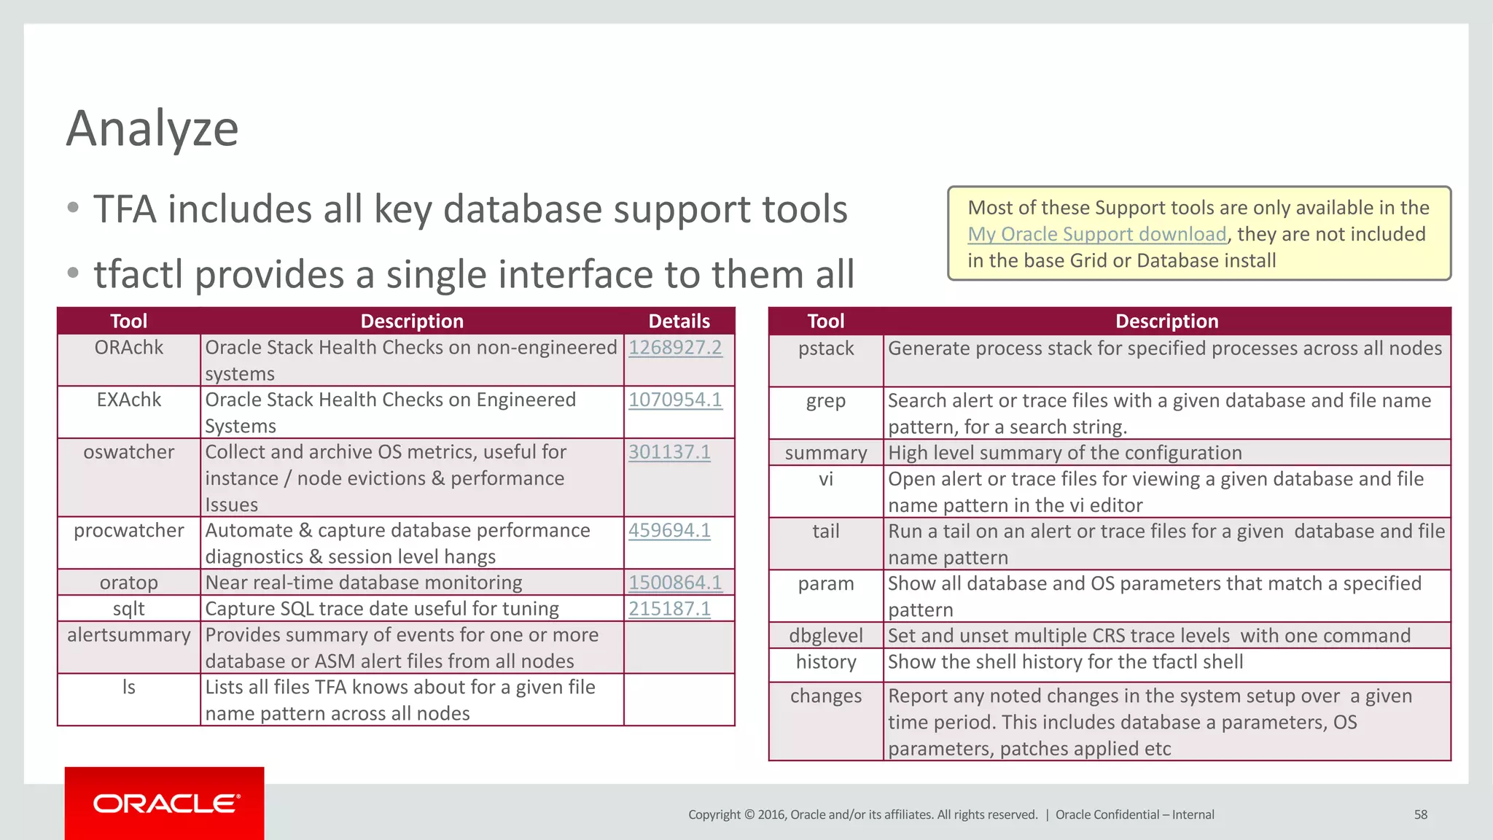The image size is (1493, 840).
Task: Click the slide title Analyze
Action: click(152, 128)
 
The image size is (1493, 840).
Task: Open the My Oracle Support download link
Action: click(1096, 234)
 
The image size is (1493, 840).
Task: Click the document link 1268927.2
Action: click(675, 348)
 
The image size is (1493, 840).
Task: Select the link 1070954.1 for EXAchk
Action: click(675, 400)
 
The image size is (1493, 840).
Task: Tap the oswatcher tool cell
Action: click(129, 452)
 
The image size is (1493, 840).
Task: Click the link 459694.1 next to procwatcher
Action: click(669, 531)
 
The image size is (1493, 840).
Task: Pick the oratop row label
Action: click(129, 583)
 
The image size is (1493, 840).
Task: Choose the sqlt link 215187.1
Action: click(669, 609)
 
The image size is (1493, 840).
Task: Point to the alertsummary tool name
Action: click(129, 635)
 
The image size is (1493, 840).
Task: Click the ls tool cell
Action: click(129, 688)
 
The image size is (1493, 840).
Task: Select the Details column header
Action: click(679, 321)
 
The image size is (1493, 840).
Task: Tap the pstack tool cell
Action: click(825, 349)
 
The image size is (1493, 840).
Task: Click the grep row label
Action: click(825, 401)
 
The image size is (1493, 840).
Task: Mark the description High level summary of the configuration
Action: click(1064, 453)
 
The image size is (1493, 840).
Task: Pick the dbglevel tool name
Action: click(825, 636)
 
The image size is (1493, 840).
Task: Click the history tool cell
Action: click(825, 662)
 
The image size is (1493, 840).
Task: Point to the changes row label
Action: click(825, 696)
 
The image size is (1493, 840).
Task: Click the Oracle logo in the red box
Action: click(165, 804)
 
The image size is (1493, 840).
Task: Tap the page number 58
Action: click(1420, 814)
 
